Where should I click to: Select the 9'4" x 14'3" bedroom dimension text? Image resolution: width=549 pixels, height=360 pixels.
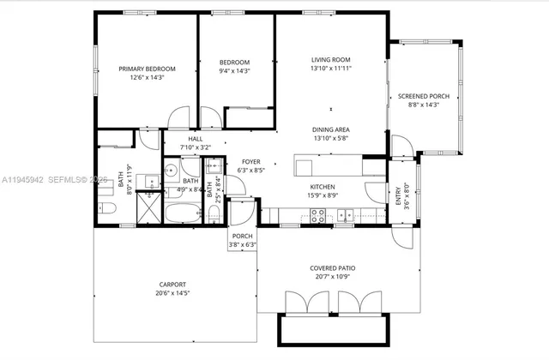[234, 72]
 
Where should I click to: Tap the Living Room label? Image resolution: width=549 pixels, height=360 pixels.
[331, 60]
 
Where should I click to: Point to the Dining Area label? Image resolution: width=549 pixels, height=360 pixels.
[331, 129]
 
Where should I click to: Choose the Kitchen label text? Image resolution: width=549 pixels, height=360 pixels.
[322, 186]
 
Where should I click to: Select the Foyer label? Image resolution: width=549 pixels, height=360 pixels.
[250, 161]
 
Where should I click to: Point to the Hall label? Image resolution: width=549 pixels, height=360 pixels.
[196, 139]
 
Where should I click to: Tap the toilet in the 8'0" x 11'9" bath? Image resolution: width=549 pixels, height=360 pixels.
[107, 207]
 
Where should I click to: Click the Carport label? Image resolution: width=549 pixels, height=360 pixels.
[172, 285]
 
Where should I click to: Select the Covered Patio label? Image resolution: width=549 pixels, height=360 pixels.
[333, 268]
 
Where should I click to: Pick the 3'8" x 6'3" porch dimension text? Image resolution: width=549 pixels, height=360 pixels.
[242, 245]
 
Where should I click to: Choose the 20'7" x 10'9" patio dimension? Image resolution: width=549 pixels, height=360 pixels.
[333, 277]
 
